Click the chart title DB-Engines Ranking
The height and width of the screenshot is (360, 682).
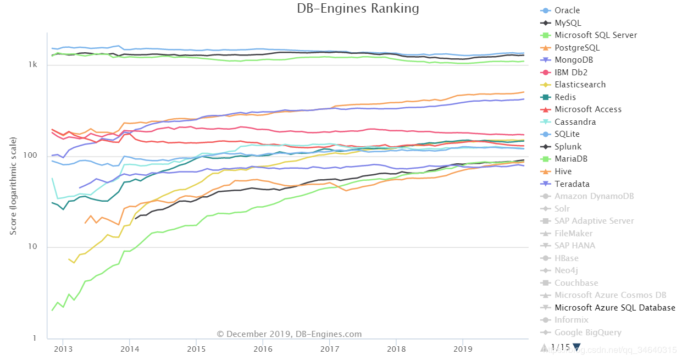pyautogui.click(x=358, y=9)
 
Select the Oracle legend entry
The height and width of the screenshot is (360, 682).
pyautogui.click(x=567, y=10)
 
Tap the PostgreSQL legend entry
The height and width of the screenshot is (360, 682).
pyautogui.click(x=577, y=48)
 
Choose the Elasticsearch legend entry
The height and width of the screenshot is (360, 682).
pyautogui.click(x=580, y=85)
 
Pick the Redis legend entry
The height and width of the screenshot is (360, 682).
pyautogui.click(x=565, y=97)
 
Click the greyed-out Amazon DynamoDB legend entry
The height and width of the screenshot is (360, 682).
pyautogui.click(x=594, y=196)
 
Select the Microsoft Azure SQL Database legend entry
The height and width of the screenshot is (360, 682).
pyautogui.click(x=614, y=308)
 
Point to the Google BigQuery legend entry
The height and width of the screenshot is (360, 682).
pyautogui.click(x=587, y=333)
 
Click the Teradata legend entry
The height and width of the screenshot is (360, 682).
pyautogui.click(x=572, y=184)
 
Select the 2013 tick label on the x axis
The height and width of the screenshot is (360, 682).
pyautogui.click(x=63, y=348)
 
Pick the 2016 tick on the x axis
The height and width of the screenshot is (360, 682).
pyautogui.click(x=263, y=348)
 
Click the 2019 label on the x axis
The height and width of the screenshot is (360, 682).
pyautogui.click(x=463, y=348)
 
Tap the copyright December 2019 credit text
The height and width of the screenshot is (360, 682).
pyautogui.click(x=289, y=334)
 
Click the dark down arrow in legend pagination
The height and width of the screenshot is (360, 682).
pyautogui.click(x=576, y=347)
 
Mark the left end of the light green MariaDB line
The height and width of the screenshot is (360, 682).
pyautogui.click(x=52, y=310)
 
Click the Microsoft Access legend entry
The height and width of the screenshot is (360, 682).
pyautogui.click(x=588, y=109)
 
